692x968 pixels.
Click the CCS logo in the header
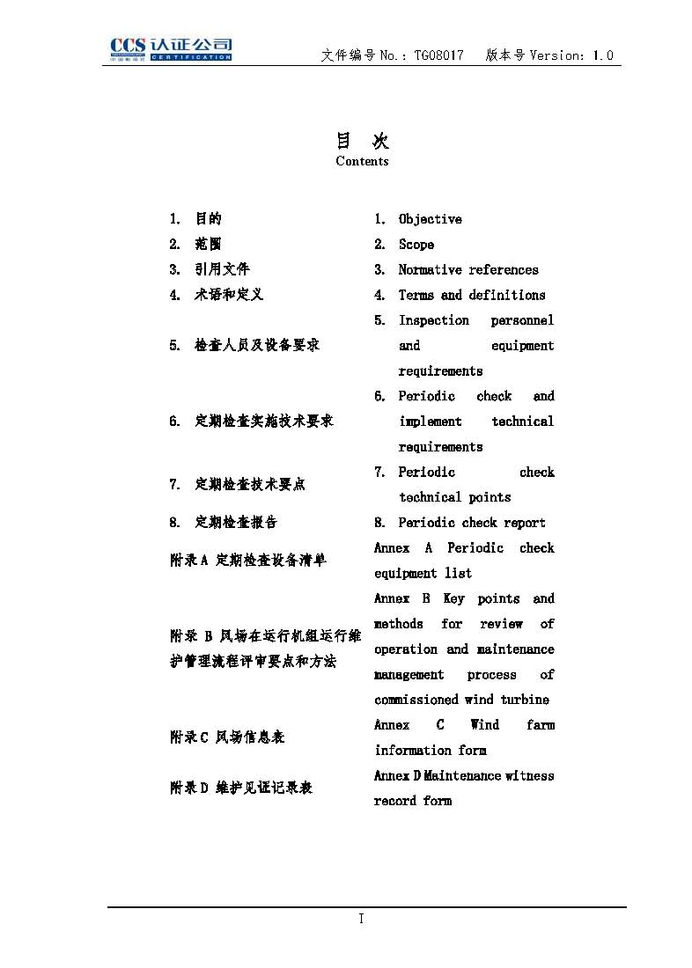coord(171,48)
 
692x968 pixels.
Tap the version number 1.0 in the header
coord(603,55)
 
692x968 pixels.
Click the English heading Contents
coord(362,161)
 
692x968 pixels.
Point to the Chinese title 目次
coord(362,141)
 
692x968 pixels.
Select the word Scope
coord(416,245)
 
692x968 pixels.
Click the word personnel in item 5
coord(522,320)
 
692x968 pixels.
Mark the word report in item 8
coord(525,523)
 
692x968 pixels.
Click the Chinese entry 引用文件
coord(222,270)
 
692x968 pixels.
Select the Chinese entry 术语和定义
coord(229,296)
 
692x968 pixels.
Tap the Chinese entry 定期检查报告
coord(236,523)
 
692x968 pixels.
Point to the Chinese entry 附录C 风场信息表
coord(227,737)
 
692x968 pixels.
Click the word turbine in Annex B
coord(525,700)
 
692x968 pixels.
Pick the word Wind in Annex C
coord(484,725)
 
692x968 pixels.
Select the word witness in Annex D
coord(530,775)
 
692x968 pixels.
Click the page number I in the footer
coord(361,919)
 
